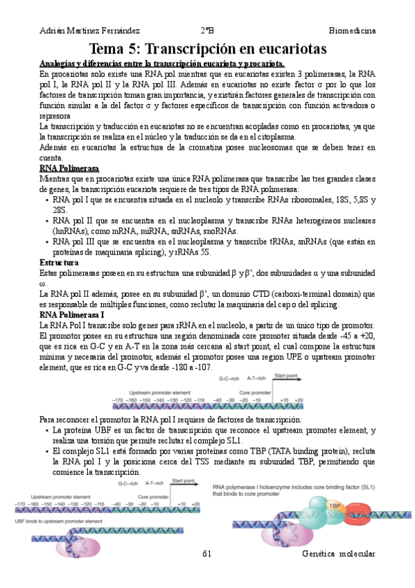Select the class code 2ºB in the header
tap(207, 31)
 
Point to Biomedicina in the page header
tap(352, 31)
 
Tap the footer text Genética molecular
tap(339, 554)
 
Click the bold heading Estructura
tap(59, 263)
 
